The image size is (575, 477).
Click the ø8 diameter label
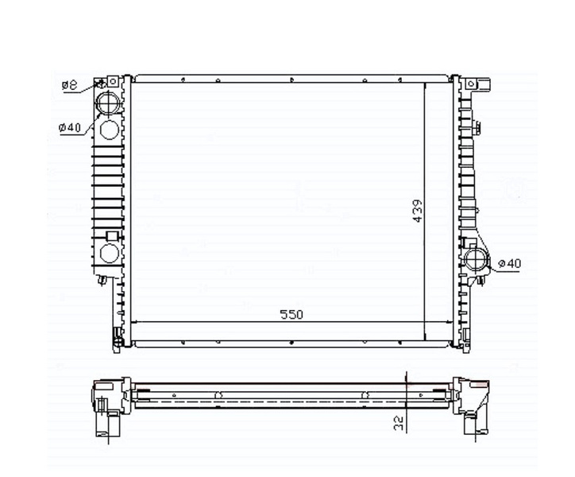(69, 85)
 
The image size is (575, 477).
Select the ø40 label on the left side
(69, 128)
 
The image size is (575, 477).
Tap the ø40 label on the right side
(510, 263)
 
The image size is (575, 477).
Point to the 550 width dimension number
(291, 315)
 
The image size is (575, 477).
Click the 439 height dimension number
(418, 211)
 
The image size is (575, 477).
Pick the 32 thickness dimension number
(399, 423)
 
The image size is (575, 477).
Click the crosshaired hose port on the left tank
(108, 103)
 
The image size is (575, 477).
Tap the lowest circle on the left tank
(110, 253)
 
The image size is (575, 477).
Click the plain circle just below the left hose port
(110, 130)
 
